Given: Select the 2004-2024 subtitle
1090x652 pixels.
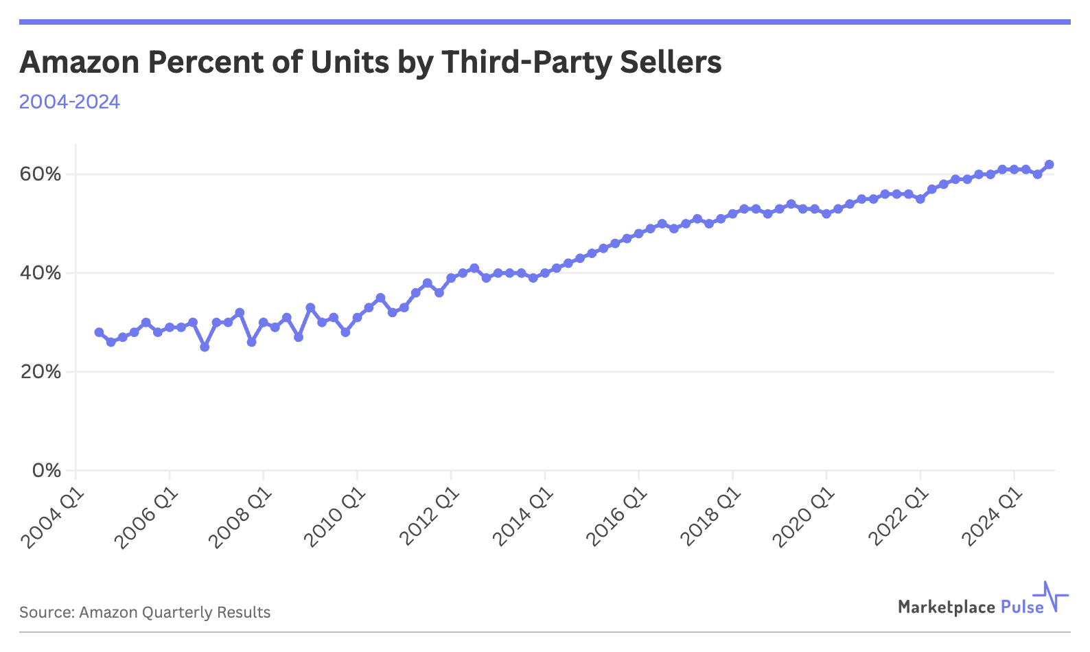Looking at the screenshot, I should tap(69, 102).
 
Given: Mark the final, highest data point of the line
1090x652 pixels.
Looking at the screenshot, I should tap(1049, 165).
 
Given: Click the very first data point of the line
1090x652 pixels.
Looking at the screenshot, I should tap(99, 332).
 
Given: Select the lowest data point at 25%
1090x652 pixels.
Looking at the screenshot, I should tap(205, 347).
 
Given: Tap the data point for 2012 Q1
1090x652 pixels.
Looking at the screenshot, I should tap(451, 278).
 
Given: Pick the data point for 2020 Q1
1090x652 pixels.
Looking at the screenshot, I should tap(826, 213).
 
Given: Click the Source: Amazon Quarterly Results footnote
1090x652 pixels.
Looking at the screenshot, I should tap(145, 612).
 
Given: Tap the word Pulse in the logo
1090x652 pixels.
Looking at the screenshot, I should tap(1022, 607).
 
